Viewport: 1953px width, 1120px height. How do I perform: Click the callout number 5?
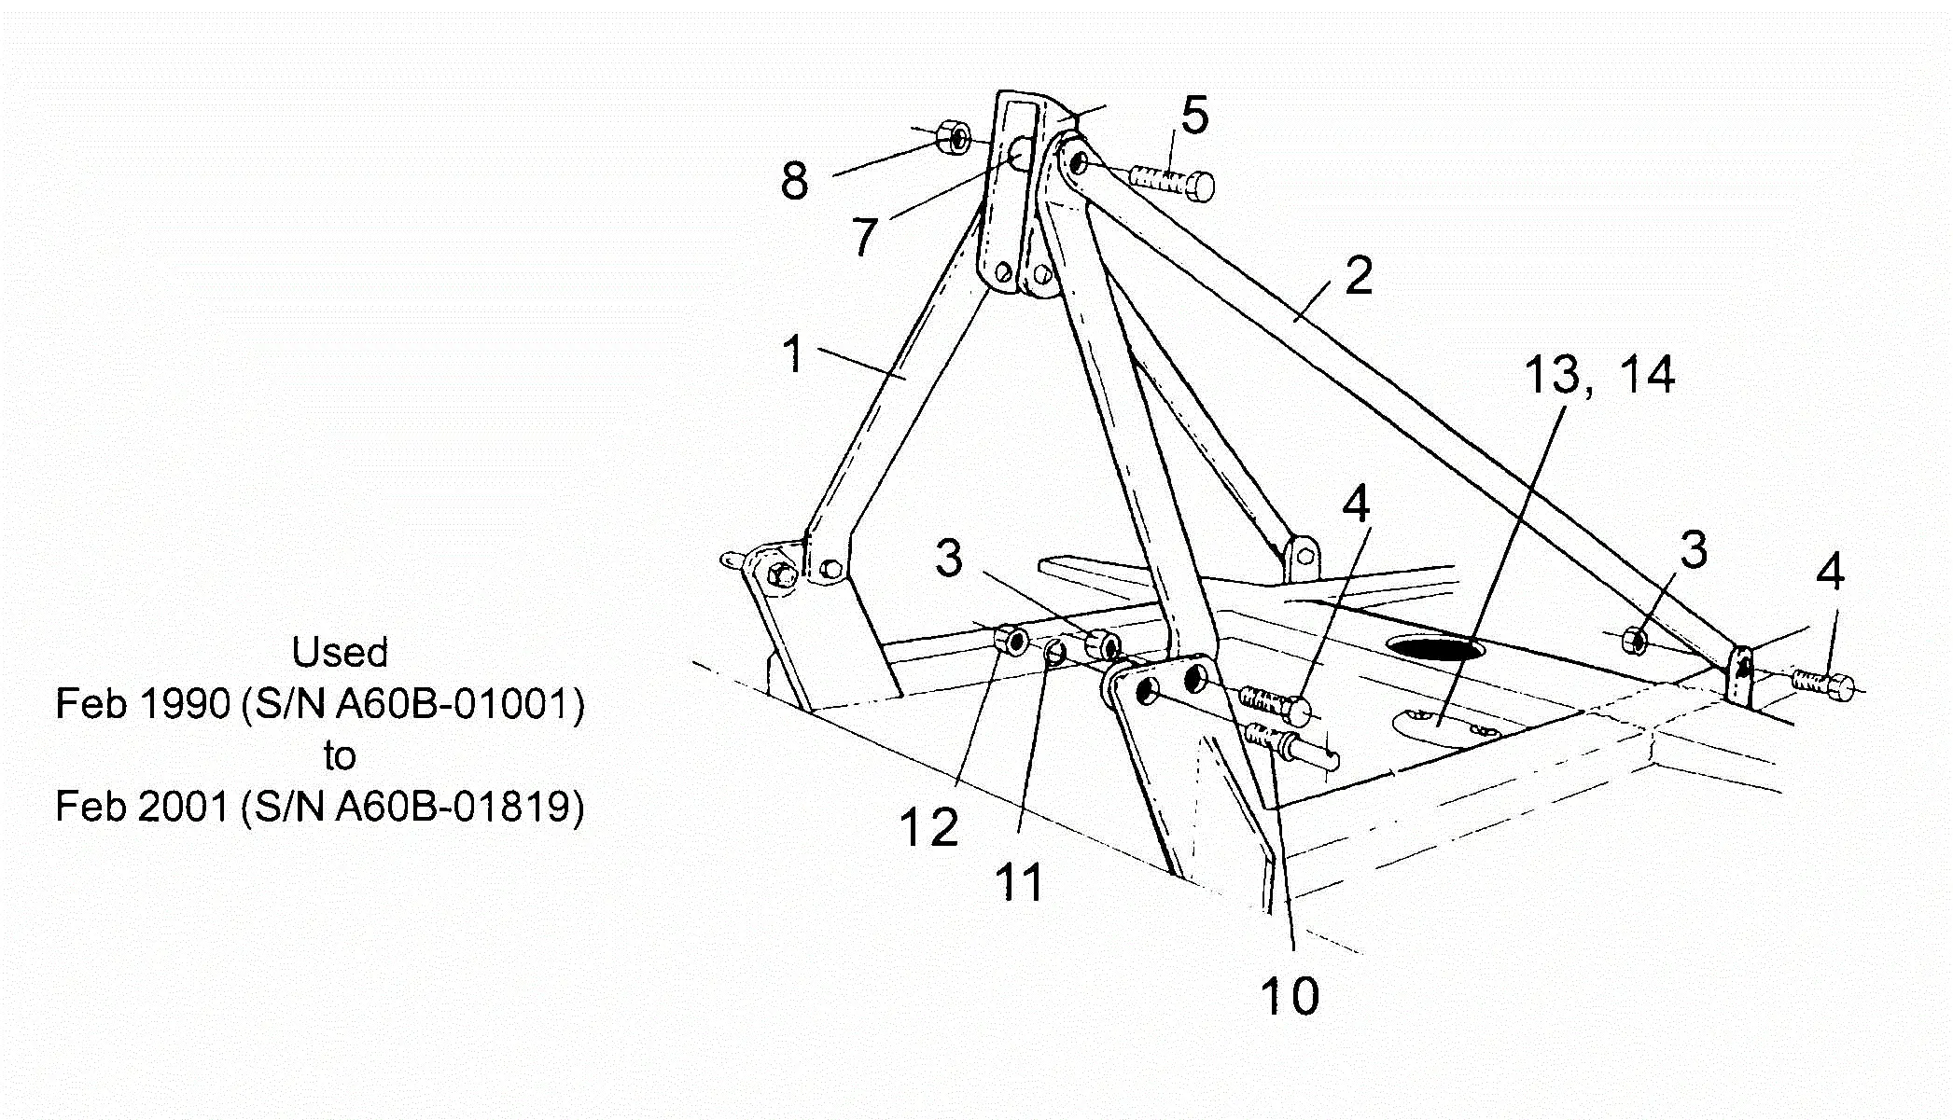(1194, 116)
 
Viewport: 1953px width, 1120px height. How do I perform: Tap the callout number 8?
(794, 180)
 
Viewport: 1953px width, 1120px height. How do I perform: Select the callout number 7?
(865, 236)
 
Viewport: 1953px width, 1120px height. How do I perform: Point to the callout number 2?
(1359, 276)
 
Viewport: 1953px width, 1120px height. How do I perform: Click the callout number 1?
(793, 354)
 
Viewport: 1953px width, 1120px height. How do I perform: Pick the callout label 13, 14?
(1598, 374)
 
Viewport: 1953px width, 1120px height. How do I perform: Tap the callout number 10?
(1290, 995)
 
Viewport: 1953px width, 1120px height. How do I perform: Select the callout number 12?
(928, 826)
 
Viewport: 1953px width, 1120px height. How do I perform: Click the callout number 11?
(1020, 880)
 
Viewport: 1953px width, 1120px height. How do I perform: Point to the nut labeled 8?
(953, 137)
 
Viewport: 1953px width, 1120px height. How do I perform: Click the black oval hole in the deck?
(1434, 648)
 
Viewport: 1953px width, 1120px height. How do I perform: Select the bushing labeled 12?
(1011, 642)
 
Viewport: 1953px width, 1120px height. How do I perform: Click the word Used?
(340, 652)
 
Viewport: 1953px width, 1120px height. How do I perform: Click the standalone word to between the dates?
(340, 755)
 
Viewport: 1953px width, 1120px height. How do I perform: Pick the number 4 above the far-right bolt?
(1829, 571)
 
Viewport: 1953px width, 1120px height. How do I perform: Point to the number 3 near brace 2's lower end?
(1693, 549)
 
